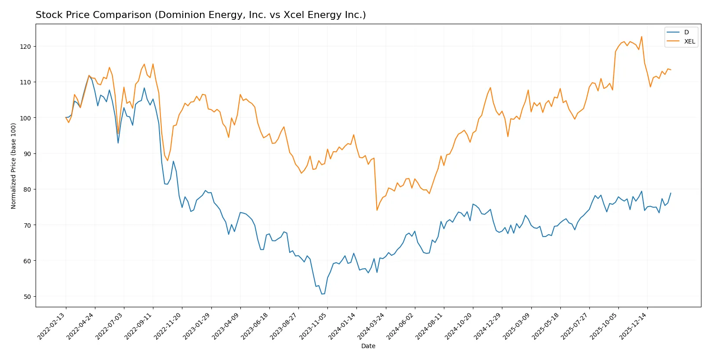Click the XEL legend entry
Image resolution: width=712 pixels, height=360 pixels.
(689, 42)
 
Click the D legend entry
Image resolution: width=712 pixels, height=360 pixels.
(686, 33)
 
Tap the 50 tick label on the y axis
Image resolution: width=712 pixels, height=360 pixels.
(27, 297)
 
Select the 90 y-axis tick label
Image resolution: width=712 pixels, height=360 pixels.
(27, 154)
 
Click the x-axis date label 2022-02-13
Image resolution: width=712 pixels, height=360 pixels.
(52, 326)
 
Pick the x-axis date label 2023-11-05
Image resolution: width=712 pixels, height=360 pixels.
(314, 326)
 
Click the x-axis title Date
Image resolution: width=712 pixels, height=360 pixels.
(368, 346)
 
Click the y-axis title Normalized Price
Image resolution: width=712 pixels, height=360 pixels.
(14, 166)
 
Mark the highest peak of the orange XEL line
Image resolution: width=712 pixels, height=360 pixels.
(641, 36)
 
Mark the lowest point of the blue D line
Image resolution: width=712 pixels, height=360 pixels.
(322, 294)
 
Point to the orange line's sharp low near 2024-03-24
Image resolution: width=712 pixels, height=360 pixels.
(377, 210)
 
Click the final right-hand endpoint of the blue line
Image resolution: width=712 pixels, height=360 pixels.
(671, 193)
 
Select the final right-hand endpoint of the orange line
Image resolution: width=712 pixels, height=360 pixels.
(671, 70)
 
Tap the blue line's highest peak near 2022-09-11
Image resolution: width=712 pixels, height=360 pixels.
(144, 88)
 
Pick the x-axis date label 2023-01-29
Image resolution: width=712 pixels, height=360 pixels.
(197, 326)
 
